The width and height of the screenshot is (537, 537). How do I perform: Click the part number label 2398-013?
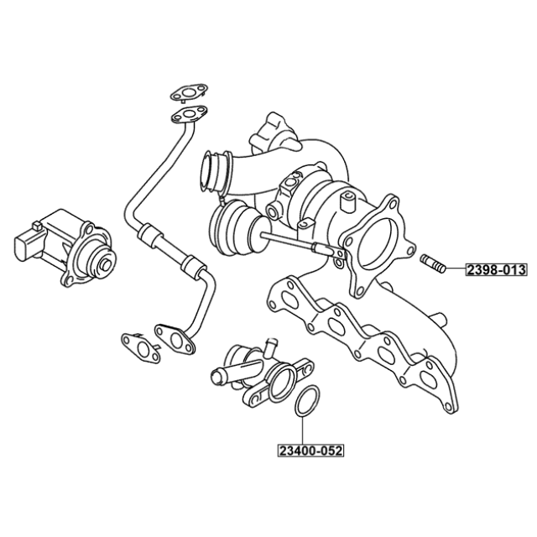click(x=496, y=270)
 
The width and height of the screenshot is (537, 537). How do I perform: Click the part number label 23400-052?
click(x=310, y=451)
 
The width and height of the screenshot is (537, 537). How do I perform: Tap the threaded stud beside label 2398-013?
click(x=433, y=263)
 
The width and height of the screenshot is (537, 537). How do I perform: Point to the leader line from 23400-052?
click(x=303, y=430)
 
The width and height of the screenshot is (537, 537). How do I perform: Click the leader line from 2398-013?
click(x=455, y=269)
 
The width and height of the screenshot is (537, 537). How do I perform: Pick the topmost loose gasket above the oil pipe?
click(x=189, y=92)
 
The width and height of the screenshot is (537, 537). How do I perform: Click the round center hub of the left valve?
click(x=105, y=265)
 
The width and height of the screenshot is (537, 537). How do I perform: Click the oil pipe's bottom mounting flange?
click(x=175, y=338)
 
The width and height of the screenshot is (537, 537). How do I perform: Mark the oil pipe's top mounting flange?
click(x=189, y=114)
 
